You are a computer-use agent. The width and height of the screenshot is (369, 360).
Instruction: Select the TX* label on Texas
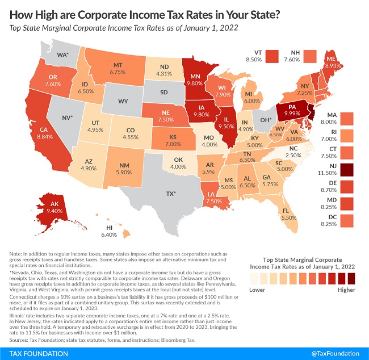pyautogui.click(x=171, y=194)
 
